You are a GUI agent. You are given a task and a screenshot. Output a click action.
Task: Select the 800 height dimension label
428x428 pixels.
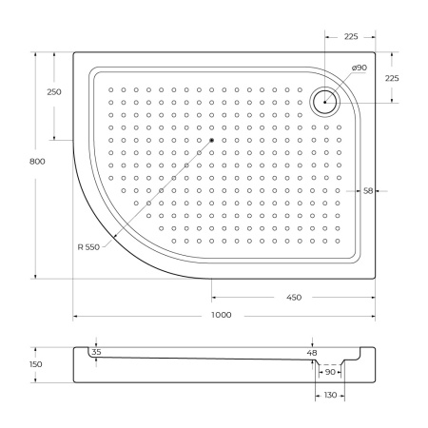click(x=37, y=162)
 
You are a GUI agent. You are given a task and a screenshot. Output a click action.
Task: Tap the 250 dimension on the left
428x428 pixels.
click(x=54, y=92)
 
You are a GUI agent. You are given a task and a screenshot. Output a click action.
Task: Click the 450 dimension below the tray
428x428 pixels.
click(x=293, y=298)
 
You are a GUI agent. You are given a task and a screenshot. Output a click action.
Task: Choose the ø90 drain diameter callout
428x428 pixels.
click(x=360, y=68)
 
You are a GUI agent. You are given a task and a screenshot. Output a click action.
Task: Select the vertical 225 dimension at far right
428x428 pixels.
click(x=392, y=78)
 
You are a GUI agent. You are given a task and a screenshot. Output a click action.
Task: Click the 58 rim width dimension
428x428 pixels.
click(x=367, y=191)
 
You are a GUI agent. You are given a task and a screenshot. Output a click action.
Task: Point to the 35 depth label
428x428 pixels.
click(x=95, y=353)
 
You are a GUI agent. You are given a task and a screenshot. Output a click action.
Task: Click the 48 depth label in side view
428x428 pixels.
click(x=313, y=353)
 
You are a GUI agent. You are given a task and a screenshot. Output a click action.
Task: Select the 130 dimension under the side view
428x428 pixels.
click(x=330, y=395)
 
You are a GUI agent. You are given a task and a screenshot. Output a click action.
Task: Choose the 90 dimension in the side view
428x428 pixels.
click(x=330, y=372)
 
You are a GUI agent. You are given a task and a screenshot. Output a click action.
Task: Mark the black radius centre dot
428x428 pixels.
click(x=211, y=142)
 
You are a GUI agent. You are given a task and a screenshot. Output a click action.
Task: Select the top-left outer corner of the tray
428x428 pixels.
click(x=74, y=53)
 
